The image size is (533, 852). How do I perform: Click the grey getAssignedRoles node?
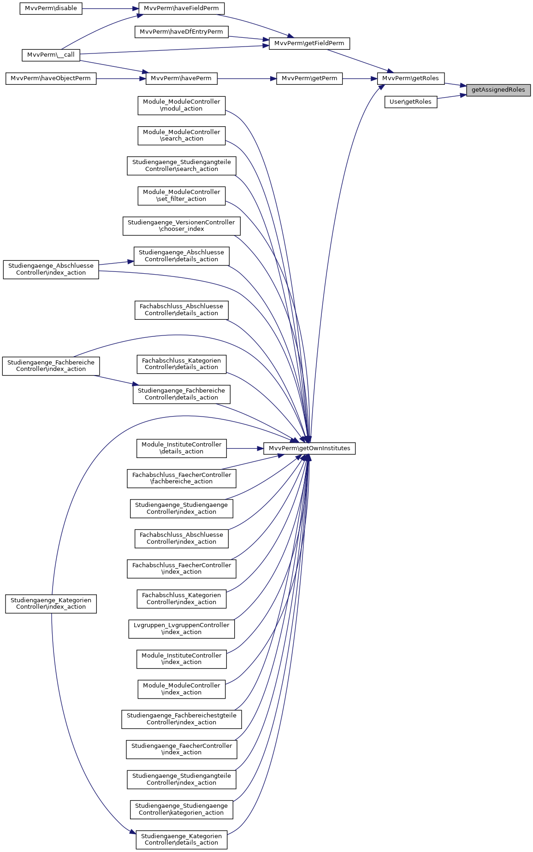[498, 90]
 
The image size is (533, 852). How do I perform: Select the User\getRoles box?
[410, 102]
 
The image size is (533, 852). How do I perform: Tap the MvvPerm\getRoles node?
[410, 78]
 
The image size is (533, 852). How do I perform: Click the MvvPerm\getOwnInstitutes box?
[309, 448]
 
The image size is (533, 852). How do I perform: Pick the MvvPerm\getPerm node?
[309, 78]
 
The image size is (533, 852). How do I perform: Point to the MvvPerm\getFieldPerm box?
[309, 43]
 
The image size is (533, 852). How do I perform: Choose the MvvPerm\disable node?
[51, 8]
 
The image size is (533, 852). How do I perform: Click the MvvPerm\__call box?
[51, 55]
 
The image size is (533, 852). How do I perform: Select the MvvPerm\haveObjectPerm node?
[51, 78]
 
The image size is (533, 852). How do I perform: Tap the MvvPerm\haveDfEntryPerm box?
[181, 32]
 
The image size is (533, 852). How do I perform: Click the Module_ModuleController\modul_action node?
[181, 105]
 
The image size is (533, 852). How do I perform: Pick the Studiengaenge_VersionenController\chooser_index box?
[181, 226]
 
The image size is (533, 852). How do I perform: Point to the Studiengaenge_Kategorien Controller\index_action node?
[51, 604]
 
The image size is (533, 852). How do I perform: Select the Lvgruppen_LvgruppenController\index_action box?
[181, 629]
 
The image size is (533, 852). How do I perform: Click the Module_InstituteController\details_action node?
[181, 448]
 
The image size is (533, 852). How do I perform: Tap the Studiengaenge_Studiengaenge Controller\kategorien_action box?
[181, 809]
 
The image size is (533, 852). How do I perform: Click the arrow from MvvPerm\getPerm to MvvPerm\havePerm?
[247, 78]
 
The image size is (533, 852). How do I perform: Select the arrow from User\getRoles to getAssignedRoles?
[451, 96]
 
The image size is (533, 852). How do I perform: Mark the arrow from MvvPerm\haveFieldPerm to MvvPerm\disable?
[111, 8]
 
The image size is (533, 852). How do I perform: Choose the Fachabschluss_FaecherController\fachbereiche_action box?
[181, 478]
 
